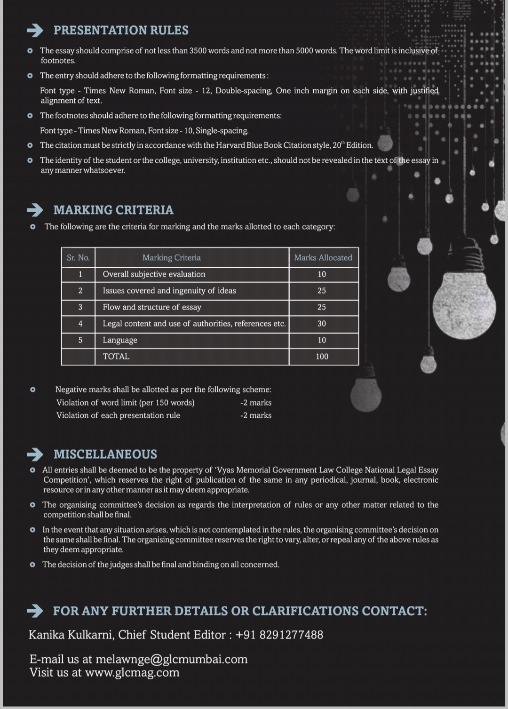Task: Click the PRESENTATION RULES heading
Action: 121,30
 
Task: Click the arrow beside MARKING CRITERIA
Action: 35,210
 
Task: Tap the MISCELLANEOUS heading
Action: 105,454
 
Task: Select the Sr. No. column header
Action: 78,258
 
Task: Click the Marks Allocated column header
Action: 323,258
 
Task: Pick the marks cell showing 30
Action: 322,324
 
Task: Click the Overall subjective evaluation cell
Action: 154,274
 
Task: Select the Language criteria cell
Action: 120,340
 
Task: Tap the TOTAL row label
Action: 116,357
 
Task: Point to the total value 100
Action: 322,357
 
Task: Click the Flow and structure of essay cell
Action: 152,307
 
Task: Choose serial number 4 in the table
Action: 80,324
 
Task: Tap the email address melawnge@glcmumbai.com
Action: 171,659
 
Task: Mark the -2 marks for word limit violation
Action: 255,403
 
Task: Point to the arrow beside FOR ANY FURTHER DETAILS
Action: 35,611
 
